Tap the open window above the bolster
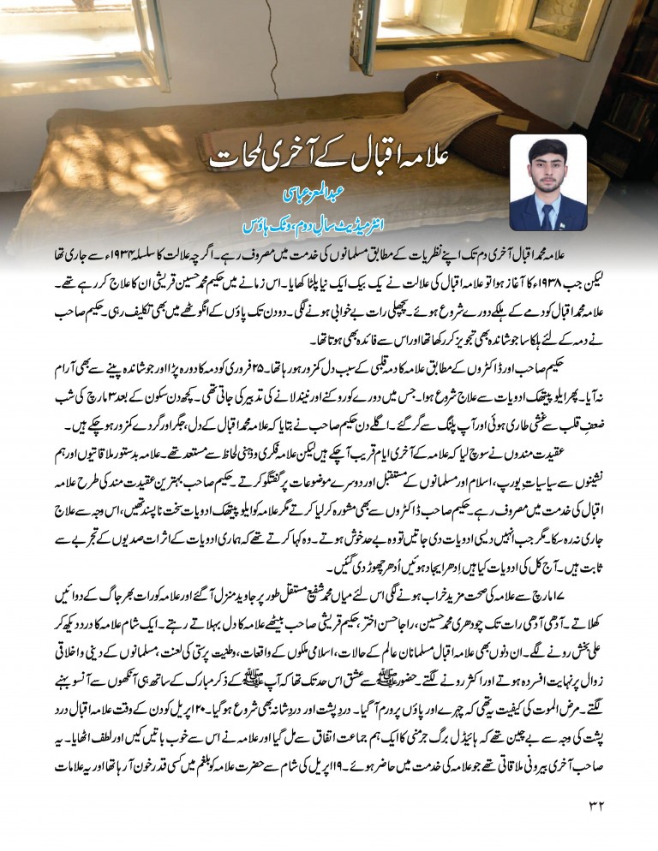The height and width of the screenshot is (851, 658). pos(463,30)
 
